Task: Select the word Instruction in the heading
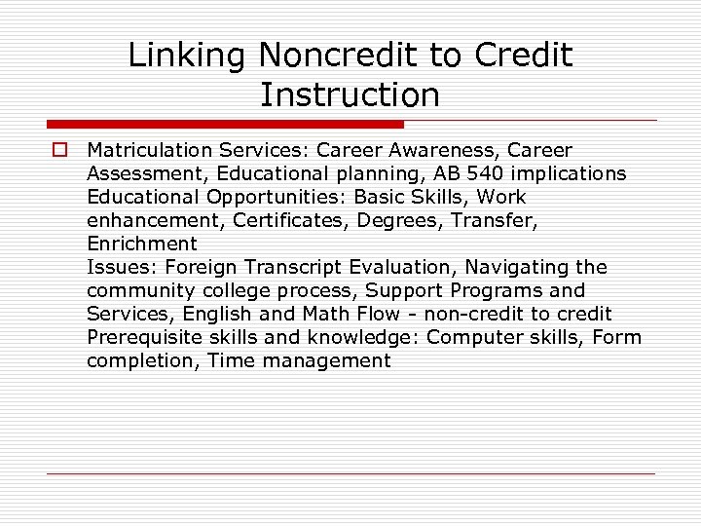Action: (x=350, y=95)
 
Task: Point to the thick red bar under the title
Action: (x=225, y=124)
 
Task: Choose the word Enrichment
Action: (x=141, y=244)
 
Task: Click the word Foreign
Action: (x=202, y=268)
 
